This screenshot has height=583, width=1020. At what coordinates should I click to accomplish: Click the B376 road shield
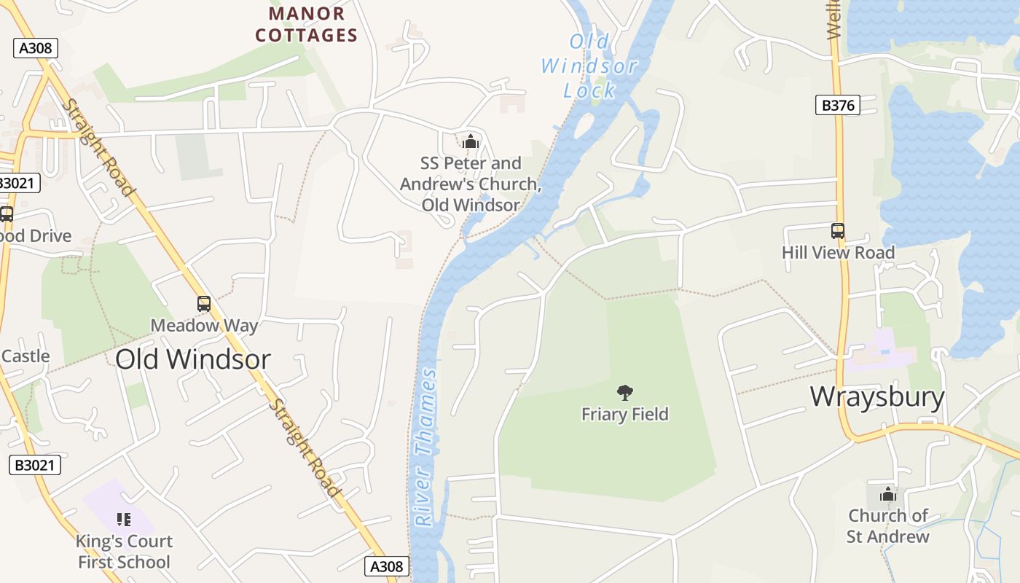838,106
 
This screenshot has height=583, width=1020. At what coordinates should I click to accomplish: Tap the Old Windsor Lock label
589,66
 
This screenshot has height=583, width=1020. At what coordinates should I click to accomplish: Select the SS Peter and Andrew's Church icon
471,141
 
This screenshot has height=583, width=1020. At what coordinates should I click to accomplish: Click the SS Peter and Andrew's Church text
471,184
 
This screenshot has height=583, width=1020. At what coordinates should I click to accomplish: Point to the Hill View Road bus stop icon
838,231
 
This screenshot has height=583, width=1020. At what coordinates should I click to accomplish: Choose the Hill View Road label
838,253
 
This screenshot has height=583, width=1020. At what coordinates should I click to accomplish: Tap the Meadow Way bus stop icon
204,304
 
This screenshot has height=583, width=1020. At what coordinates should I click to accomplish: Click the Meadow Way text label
204,325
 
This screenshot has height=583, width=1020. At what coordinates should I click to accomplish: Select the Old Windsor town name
193,359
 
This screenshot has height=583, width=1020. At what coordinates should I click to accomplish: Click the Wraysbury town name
877,397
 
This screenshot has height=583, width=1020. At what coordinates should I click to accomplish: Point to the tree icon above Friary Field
624,394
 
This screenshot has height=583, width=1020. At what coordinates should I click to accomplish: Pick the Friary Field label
624,415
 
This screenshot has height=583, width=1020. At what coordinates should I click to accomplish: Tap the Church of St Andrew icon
887,495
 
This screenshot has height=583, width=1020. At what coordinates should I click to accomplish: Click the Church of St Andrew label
887,526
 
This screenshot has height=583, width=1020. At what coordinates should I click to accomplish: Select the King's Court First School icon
124,520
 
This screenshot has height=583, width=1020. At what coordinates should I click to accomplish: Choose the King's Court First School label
124,552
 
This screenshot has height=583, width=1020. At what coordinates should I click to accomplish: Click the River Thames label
426,447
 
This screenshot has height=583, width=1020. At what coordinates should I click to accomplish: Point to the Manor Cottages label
307,24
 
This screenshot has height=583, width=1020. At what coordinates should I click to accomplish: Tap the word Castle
25,356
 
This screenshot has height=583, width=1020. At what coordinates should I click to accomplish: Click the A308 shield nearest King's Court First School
386,566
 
